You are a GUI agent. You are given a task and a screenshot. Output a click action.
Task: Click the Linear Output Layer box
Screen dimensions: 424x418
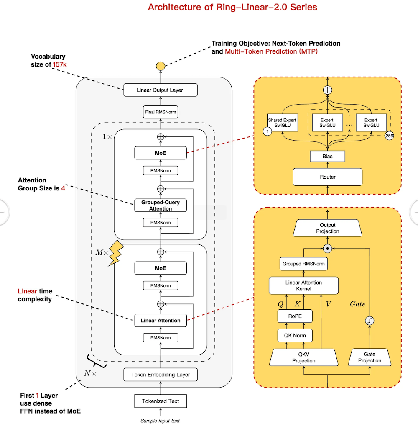click(160, 90)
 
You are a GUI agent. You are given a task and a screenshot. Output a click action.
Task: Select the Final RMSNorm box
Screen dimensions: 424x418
click(160, 112)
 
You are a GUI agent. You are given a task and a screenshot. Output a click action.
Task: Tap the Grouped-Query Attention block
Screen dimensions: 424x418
click(160, 206)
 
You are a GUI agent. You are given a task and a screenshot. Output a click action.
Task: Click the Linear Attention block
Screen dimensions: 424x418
click(160, 321)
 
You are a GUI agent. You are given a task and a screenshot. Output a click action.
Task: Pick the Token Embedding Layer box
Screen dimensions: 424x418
click(160, 375)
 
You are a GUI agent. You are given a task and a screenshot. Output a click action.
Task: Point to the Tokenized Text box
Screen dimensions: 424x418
click(160, 401)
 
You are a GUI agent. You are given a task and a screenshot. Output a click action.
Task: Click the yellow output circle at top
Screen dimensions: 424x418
click(161, 66)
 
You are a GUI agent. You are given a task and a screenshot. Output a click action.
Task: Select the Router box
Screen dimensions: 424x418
click(328, 177)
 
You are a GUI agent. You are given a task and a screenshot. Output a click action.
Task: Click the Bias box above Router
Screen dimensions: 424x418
click(328, 156)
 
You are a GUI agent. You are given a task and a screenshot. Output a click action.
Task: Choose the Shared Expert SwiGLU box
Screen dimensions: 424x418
click(282, 123)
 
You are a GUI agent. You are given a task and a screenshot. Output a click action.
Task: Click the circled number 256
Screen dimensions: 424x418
click(389, 136)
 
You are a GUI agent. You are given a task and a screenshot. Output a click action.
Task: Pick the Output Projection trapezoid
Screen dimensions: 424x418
click(328, 228)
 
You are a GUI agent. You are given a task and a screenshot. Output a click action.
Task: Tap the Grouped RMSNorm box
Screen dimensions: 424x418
click(303, 264)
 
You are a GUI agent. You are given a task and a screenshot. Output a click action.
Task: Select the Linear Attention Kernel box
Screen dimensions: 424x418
click(303, 285)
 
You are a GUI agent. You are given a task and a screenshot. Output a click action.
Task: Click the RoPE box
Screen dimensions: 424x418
click(295, 316)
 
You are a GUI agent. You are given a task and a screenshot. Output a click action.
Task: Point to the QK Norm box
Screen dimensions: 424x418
click(295, 335)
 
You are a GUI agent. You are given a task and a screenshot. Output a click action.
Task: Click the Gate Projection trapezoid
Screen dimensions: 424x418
click(370, 357)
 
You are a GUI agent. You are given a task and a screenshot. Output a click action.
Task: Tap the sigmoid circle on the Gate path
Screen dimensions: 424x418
click(370, 321)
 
